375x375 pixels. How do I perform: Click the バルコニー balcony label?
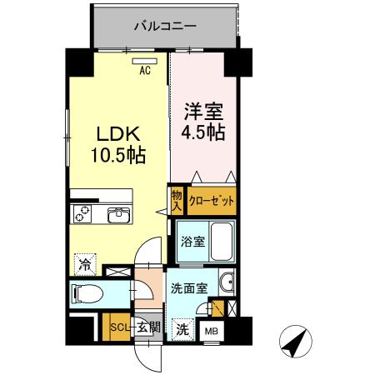[x=165, y=27]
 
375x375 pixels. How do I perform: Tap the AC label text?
[x=144, y=71]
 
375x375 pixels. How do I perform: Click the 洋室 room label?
[x=202, y=110]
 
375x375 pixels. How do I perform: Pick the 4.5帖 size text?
[x=202, y=132]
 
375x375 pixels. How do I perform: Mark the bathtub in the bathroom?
[x=222, y=242]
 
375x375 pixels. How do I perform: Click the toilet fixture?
[x=87, y=293]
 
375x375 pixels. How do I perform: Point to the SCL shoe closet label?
[x=121, y=327]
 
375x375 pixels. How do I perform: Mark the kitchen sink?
[x=117, y=217]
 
